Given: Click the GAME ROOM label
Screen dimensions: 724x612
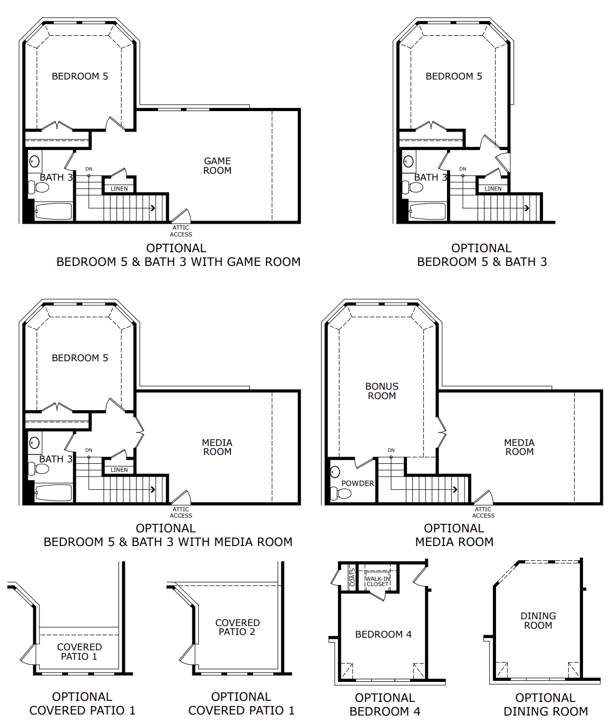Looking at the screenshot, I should click(217, 166).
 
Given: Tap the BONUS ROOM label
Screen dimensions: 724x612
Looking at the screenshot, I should click(382, 391).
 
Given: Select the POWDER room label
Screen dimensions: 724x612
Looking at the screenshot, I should click(357, 483).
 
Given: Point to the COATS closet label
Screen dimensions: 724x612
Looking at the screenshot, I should click(353, 578).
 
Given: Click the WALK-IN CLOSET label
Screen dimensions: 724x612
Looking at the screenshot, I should click(377, 581).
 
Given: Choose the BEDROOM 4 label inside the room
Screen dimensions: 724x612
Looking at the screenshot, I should click(383, 634).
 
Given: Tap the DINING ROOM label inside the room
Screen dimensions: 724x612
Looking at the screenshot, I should click(538, 621).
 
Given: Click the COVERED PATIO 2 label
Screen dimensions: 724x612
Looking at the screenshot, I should click(237, 627).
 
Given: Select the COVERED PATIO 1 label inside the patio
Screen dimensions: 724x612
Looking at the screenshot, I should click(80, 652).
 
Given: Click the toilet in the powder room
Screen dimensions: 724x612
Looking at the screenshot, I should click(341, 494).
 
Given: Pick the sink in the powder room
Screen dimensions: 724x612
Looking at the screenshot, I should click(335, 471).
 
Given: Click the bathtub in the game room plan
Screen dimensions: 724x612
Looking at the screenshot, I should click(53, 212).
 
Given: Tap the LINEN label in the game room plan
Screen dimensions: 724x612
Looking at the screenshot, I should click(119, 189).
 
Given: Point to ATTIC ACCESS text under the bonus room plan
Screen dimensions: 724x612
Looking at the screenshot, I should click(483, 512).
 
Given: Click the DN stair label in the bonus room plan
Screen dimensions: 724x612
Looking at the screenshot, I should click(391, 450).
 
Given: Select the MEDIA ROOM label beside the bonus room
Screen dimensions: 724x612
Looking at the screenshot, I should click(519, 447).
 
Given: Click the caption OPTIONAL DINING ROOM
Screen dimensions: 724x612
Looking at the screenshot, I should click(545, 705).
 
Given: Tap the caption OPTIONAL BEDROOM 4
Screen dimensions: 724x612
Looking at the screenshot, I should click(385, 705).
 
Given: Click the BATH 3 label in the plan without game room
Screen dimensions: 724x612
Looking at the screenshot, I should click(430, 177).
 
